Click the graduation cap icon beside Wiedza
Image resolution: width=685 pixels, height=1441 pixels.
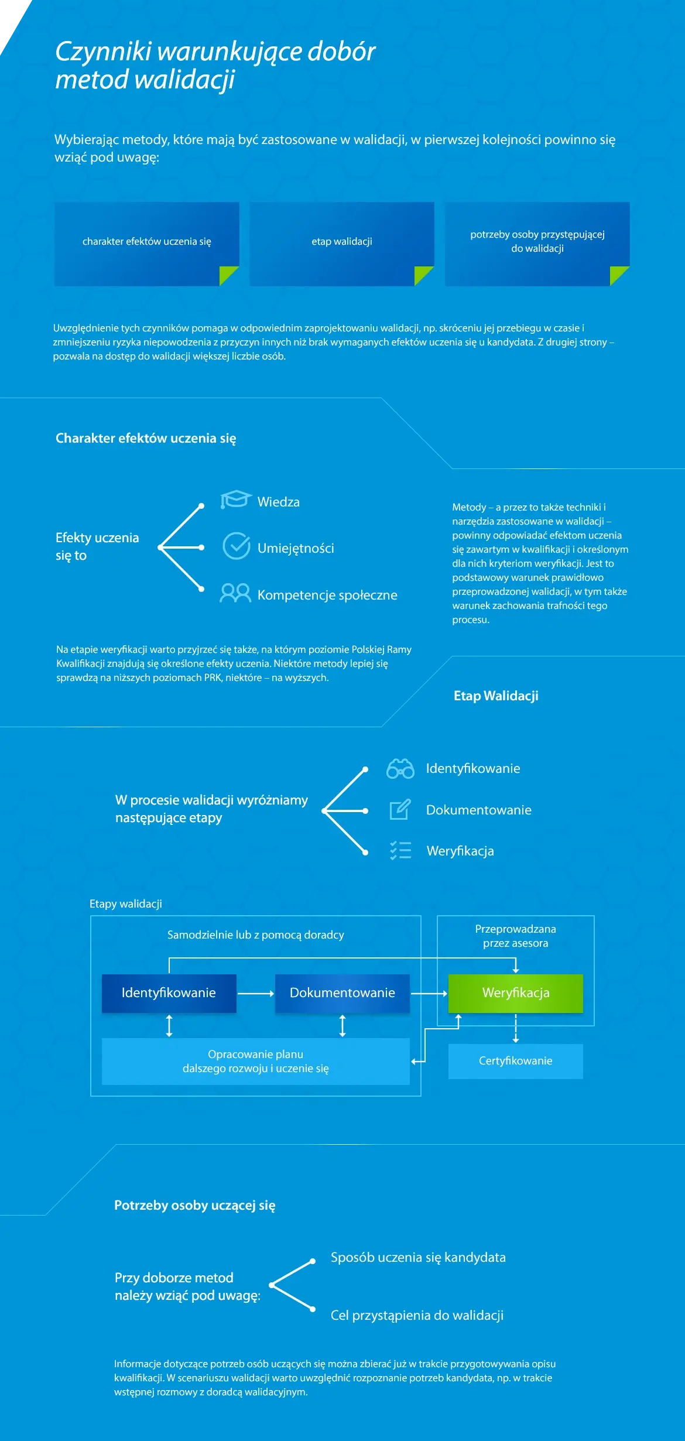[236, 499]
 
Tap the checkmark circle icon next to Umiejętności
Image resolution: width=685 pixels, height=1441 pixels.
[237, 546]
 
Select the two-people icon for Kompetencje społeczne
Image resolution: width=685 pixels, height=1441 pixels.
[235, 593]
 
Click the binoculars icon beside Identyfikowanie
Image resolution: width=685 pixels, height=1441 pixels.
[400, 768]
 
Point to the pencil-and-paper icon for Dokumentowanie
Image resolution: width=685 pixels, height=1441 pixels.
[400, 809]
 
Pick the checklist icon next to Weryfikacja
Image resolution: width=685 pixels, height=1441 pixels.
[401, 850]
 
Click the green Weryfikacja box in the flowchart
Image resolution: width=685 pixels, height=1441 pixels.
[516, 993]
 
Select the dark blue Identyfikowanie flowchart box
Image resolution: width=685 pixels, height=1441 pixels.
[169, 993]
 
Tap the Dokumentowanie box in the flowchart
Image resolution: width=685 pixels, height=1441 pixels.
[342, 993]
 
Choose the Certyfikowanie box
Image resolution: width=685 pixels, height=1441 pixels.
[516, 1061]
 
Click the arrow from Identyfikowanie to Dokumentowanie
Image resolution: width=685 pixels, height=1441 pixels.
[256, 994]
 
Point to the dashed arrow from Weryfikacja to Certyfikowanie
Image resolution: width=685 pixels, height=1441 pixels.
[516, 1028]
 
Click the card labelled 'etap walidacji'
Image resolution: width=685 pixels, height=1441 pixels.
[342, 244]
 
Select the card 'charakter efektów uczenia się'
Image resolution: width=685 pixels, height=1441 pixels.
[147, 244]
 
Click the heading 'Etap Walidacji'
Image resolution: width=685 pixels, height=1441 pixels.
[496, 696]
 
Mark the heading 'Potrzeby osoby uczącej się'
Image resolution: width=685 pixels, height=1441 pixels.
[195, 1205]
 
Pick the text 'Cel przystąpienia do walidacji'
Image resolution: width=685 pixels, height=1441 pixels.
[417, 1315]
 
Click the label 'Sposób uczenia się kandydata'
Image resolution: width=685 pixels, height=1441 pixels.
[418, 1257]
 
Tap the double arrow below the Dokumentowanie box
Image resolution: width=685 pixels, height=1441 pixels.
[342, 1026]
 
